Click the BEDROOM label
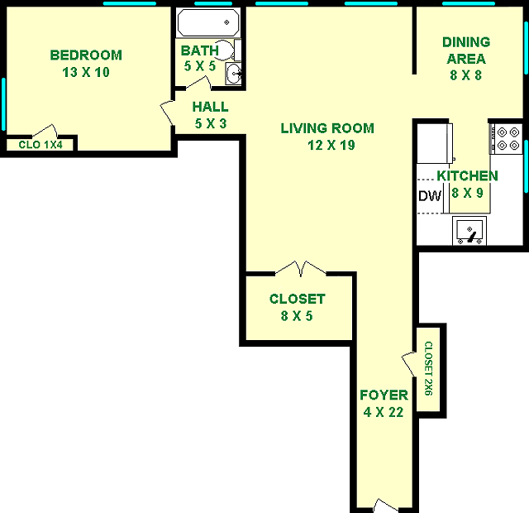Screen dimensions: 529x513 point(86,55)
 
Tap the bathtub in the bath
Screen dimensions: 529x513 point(208,22)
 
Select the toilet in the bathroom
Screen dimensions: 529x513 point(227,50)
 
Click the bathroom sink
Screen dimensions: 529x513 point(233,73)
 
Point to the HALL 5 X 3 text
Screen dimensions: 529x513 point(211,115)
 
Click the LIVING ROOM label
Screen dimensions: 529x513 point(327,128)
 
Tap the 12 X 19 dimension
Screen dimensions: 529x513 point(331,146)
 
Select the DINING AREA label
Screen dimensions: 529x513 point(466,50)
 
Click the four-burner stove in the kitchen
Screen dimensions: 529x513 point(506,138)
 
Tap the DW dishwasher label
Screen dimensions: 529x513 point(430,196)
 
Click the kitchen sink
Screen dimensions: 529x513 point(469,231)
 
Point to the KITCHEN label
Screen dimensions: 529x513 point(467,176)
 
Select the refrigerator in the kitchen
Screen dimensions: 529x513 point(435,143)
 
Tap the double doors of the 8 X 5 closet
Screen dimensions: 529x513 point(301,269)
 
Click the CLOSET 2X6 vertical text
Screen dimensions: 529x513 point(428,368)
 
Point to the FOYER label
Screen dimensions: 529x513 point(384,395)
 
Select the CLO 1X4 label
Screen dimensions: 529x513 point(41,145)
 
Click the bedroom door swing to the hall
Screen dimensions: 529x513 point(167,113)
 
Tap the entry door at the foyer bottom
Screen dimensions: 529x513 point(386,506)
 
